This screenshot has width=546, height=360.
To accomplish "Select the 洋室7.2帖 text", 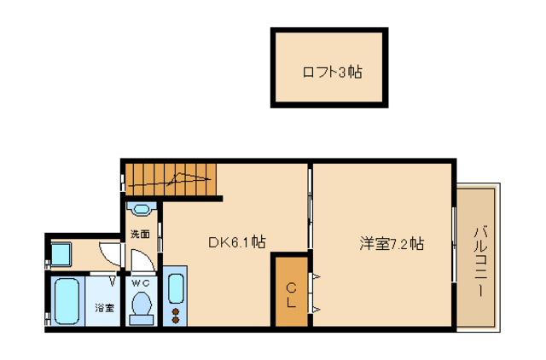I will pyautogui.click(x=391, y=243).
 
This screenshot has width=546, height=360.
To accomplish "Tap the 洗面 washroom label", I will pyautogui.click(x=140, y=234).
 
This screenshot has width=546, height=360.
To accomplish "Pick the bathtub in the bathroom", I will pyautogui.click(x=66, y=301).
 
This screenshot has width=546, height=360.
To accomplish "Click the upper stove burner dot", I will pyautogui.click(x=177, y=311).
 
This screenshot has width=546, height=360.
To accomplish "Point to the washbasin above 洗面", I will pyautogui.click(x=139, y=208).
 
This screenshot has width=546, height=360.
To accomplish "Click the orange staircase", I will pyautogui.click(x=171, y=178).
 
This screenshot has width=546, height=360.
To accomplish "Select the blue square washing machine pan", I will pyautogui.click(x=62, y=253).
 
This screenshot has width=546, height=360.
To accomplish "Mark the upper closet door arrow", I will pyautogui.click(x=317, y=277).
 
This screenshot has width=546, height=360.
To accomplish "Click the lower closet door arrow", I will pyautogui.click(x=317, y=308).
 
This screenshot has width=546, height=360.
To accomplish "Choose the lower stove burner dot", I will pyautogui.click(x=177, y=320).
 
